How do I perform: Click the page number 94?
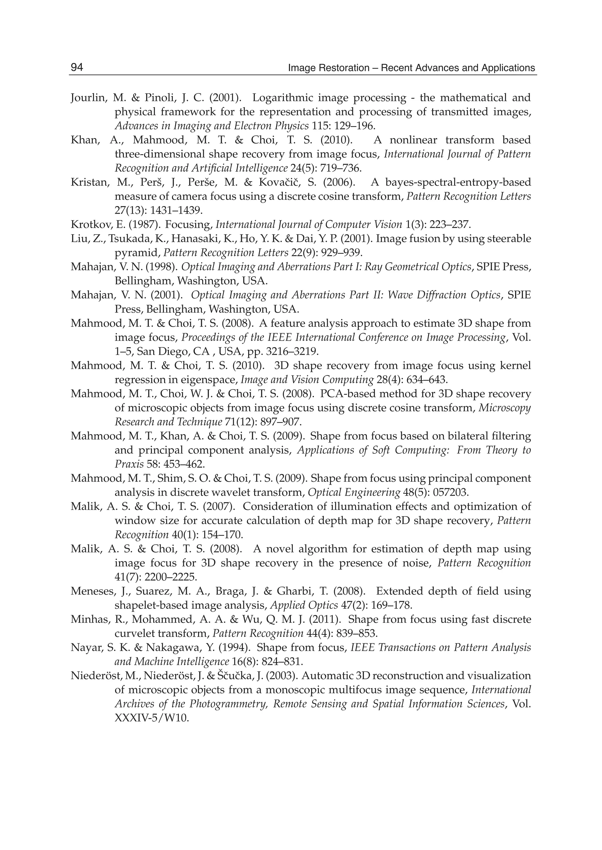tap(77, 68)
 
